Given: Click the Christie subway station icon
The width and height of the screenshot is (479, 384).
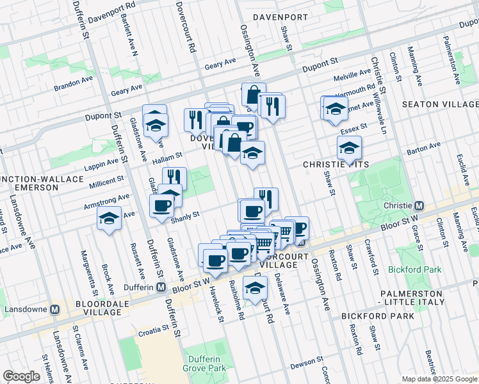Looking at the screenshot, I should (419, 206).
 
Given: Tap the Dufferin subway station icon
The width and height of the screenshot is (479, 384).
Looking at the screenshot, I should (163, 287).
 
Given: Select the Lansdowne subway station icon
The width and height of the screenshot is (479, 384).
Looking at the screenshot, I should (55, 308).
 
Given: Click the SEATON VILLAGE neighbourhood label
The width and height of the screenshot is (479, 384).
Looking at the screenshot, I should (439, 104).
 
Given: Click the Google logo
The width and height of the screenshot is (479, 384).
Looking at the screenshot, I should (21, 376).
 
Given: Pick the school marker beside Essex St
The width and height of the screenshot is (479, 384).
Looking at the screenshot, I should (349, 148).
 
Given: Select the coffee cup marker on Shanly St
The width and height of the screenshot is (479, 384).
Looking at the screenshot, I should (161, 206).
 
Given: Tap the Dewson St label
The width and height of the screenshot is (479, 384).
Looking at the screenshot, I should (302, 363).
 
